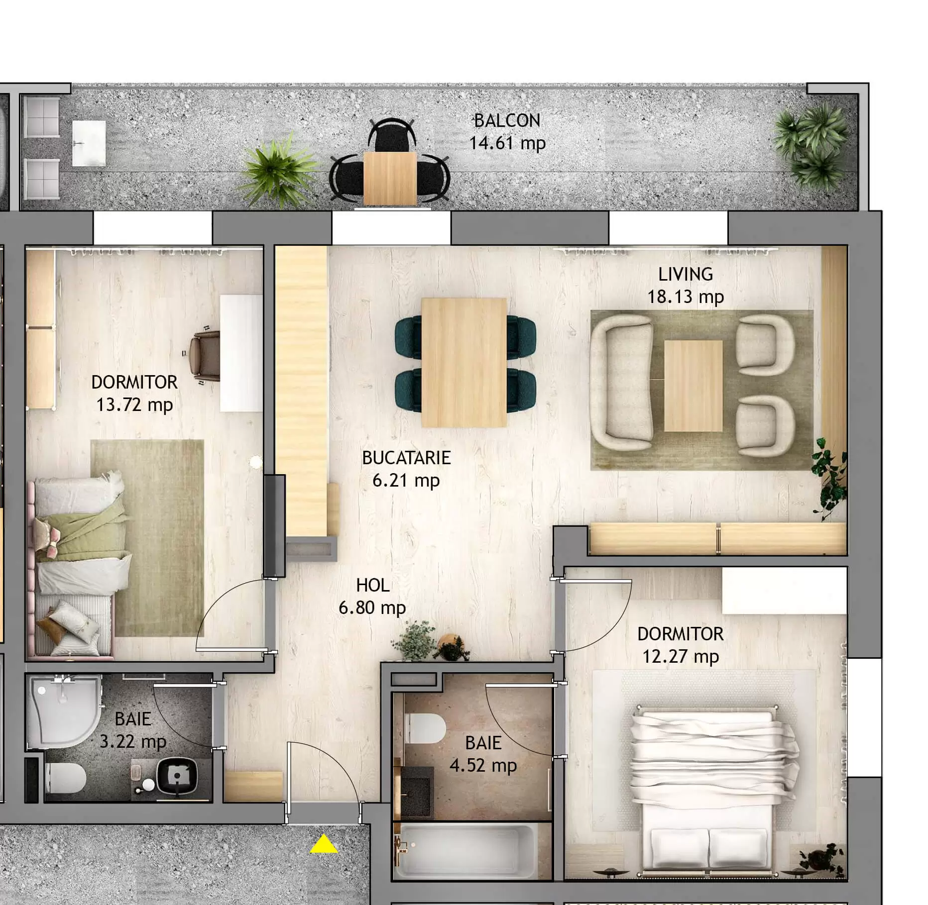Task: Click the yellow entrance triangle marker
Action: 324,844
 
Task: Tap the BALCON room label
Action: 507,120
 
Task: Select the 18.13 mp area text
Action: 685,297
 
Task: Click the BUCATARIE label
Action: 406,458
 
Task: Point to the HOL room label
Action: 373,586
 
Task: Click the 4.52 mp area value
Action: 483,765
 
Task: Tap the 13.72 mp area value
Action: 134,405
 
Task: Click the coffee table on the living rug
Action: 693,386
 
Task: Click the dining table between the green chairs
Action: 464,362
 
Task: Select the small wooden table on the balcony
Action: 390,178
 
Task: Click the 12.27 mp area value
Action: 680,657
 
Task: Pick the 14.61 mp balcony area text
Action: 507,143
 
